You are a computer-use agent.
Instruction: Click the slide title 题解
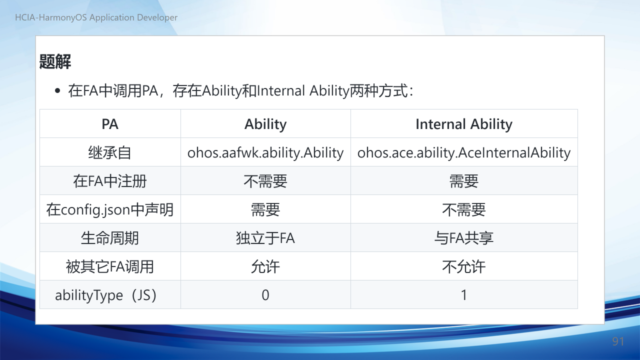pyautogui.click(x=55, y=61)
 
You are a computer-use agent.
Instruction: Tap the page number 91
pyautogui.click(x=618, y=341)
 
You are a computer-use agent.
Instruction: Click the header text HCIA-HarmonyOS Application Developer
pyautogui.click(x=96, y=17)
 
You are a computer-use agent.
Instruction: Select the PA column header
pyautogui.click(x=110, y=124)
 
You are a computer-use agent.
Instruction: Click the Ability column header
pyautogui.click(x=265, y=124)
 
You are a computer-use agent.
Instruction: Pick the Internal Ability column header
pyautogui.click(x=464, y=124)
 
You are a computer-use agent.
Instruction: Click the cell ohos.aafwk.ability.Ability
pyautogui.click(x=265, y=152)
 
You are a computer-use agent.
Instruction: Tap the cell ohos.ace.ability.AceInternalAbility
pyautogui.click(x=464, y=152)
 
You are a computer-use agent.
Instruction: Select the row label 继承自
pyautogui.click(x=110, y=152)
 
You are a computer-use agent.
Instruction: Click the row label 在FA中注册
pyautogui.click(x=110, y=181)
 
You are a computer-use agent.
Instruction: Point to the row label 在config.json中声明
pyautogui.click(x=110, y=209)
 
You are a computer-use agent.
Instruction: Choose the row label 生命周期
pyautogui.click(x=110, y=238)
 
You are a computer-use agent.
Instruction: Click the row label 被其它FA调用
pyautogui.click(x=110, y=266)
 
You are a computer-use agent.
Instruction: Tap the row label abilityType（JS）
pyautogui.click(x=106, y=295)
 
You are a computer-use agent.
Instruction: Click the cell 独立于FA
pyautogui.click(x=265, y=238)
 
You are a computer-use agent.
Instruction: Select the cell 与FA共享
pyautogui.click(x=464, y=238)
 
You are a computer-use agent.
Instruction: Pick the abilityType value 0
pyautogui.click(x=265, y=295)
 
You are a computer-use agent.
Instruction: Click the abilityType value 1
pyautogui.click(x=464, y=295)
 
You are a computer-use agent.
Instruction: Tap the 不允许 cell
pyautogui.click(x=464, y=266)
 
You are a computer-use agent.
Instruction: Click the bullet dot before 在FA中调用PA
pyautogui.click(x=57, y=91)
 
